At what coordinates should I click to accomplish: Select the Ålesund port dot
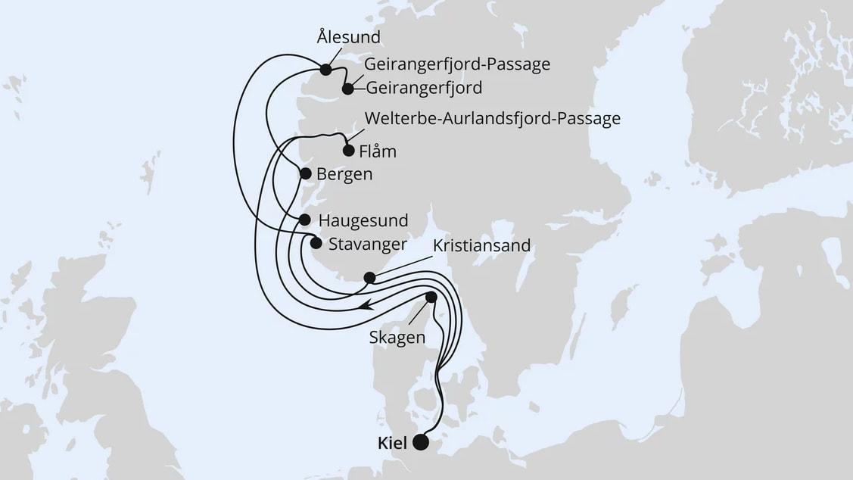point(325,70)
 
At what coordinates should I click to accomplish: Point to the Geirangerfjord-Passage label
point(456,64)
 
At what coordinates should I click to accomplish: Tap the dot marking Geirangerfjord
point(347,89)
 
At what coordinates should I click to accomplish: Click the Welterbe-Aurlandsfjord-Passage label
point(492,119)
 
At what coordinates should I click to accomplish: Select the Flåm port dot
point(348,150)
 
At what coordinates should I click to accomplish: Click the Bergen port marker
point(306,173)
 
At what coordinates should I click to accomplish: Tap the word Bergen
point(344,174)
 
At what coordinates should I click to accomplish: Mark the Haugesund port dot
point(305,220)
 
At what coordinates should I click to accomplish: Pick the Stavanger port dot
point(316,243)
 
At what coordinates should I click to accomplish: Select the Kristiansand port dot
point(369,278)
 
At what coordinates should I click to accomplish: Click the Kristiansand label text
point(481,247)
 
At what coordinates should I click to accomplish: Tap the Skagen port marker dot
point(431,298)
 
